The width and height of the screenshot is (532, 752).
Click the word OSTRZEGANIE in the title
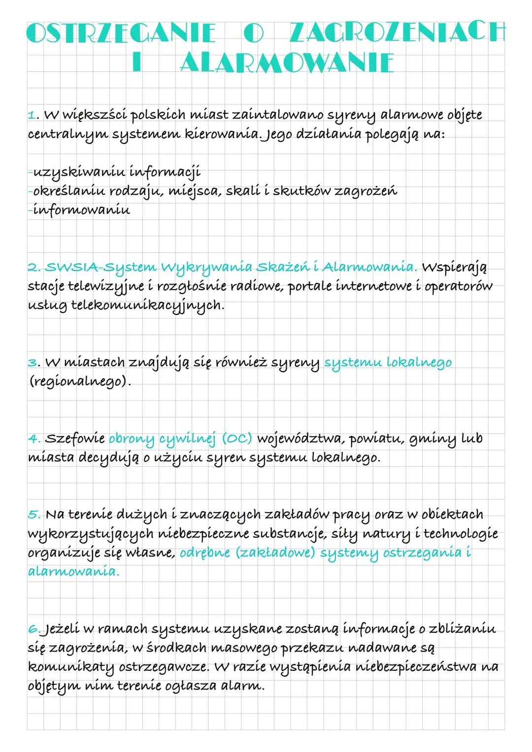121,33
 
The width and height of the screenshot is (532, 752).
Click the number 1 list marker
33,116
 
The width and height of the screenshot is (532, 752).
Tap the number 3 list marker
33,363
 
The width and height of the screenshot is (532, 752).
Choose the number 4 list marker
33,439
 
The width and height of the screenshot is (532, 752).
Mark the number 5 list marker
33,515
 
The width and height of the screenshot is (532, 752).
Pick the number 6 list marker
34,629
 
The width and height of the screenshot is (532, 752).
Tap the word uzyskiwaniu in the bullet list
79,172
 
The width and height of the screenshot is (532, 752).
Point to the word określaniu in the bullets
68,191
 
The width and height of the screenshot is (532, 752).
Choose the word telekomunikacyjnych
147,305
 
